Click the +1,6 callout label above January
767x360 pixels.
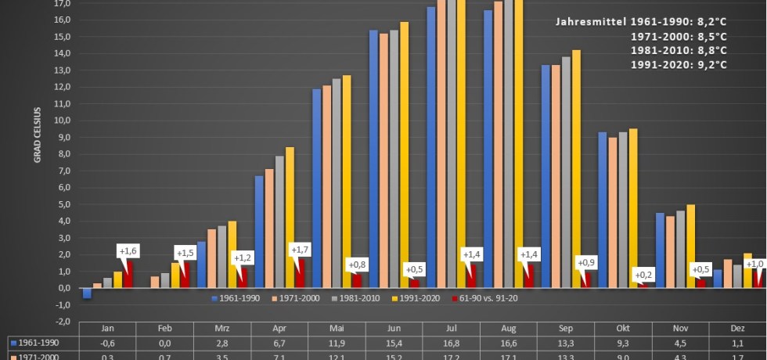pyautogui.click(x=128, y=251)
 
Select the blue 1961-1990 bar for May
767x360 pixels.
pyautogui.click(x=316, y=188)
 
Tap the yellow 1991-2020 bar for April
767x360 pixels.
pyautogui.click(x=290, y=217)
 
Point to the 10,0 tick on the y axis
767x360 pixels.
pyautogui.click(x=63, y=120)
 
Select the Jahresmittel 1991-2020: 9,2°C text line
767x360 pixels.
pyautogui.click(x=679, y=64)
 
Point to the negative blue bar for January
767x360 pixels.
pyautogui.click(x=87, y=293)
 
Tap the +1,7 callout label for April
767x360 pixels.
pyautogui.click(x=299, y=250)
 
